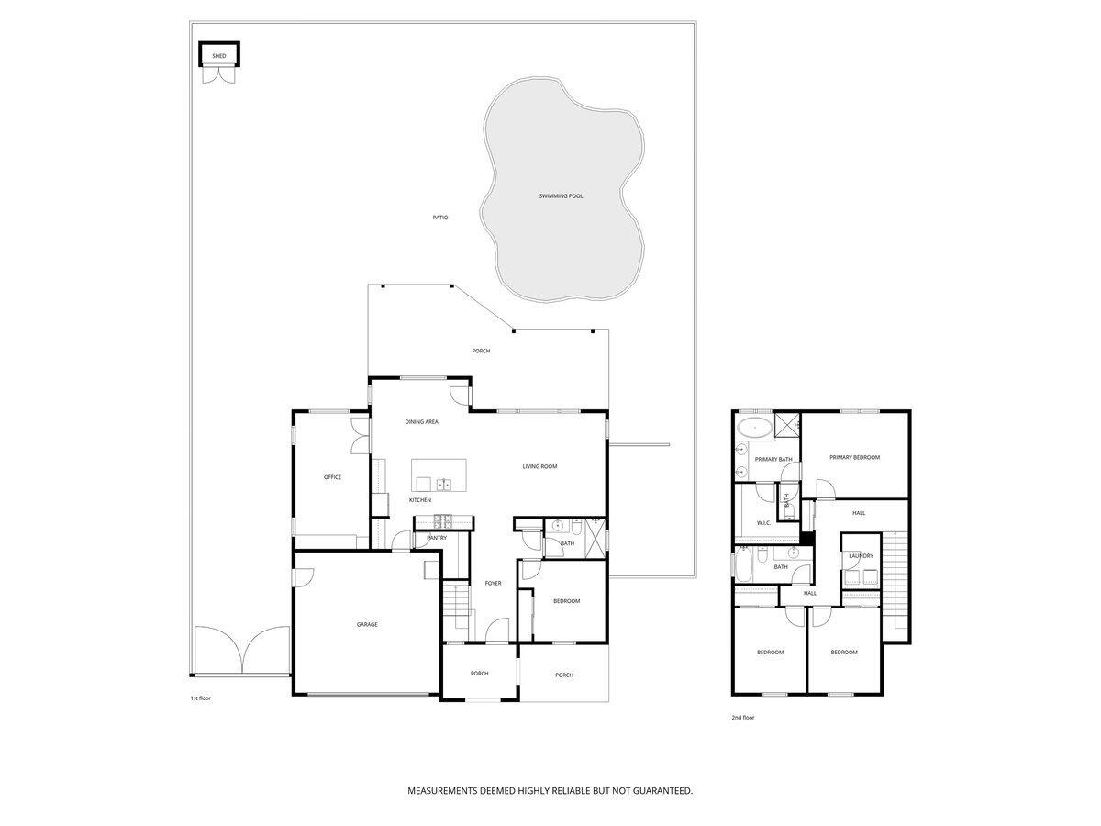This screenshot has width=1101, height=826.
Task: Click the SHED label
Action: pyautogui.click(x=219, y=56)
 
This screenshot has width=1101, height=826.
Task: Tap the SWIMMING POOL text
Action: pyautogui.click(x=561, y=196)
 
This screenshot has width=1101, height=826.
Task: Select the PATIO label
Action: pyautogui.click(x=440, y=218)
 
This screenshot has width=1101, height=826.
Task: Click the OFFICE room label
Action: pyautogui.click(x=332, y=477)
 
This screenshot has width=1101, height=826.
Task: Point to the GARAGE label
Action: pyautogui.click(x=367, y=625)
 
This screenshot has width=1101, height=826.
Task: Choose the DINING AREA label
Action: pyautogui.click(x=422, y=422)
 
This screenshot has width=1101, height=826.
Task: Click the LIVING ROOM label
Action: pyautogui.click(x=539, y=467)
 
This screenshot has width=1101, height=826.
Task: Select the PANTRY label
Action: pyautogui.click(x=436, y=538)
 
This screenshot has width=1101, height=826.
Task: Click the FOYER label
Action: pyautogui.click(x=494, y=583)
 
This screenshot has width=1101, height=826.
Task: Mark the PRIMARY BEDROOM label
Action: pyautogui.click(x=854, y=457)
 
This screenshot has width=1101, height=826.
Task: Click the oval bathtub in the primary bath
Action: pyautogui.click(x=755, y=427)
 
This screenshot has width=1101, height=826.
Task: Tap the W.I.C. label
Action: pyautogui.click(x=763, y=523)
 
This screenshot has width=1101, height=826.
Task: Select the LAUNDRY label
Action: pyautogui.click(x=861, y=555)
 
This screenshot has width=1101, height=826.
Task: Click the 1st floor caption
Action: pyautogui.click(x=201, y=698)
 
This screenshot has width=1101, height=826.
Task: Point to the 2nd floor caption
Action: pyautogui.click(x=742, y=718)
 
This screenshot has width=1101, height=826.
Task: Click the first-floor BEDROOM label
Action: pyautogui.click(x=566, y=601)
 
